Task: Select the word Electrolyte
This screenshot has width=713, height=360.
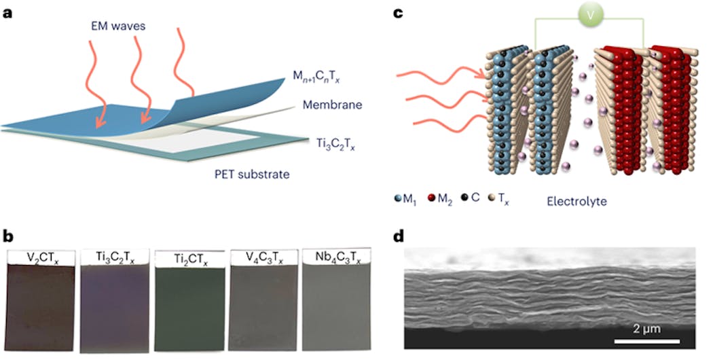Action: (578, 201)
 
